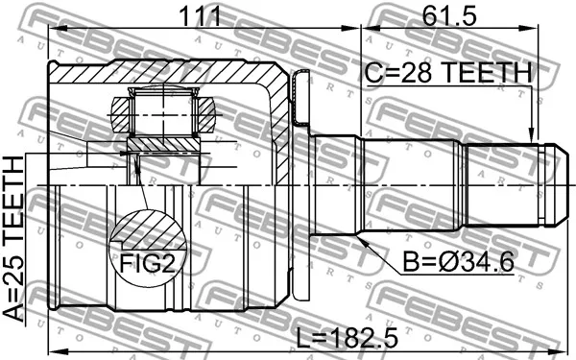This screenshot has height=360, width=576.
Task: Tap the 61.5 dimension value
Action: (449, 16)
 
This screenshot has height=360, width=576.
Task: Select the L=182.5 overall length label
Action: (348, 338)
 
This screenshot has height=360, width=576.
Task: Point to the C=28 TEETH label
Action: (448, 72)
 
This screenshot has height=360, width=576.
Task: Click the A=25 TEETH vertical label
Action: (13, 239)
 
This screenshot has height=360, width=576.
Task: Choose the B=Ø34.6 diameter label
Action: (459, 261)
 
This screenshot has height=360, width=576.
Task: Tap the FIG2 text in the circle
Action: (148, 263)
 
